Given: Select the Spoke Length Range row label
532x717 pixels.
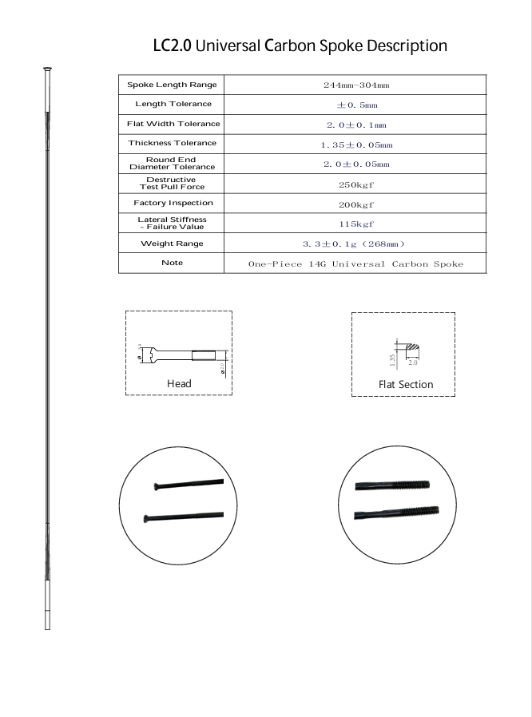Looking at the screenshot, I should click(x=172, y=85).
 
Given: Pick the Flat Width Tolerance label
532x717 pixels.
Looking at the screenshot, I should click(x=173, y=124).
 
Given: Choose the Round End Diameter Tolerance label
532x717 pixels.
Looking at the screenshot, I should click(x=172, y=163).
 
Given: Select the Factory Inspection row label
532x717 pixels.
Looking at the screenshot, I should click(x=173, y=203).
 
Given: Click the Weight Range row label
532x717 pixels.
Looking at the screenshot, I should click(x=172, y=244).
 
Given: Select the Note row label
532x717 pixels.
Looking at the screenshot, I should click(x=172, y=263).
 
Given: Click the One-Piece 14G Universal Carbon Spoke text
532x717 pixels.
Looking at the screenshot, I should click(x=356, y=263).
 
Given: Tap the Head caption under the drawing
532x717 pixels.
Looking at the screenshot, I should click(x=179, y=384).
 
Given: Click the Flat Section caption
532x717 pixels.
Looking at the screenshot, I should click(x=406, y=385).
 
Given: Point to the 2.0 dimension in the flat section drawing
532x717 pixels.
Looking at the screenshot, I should click(x=412, y=362).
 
